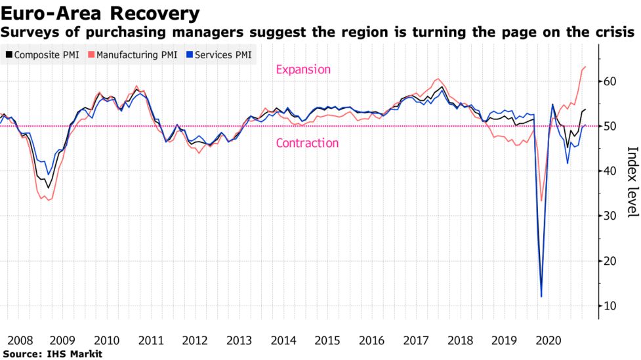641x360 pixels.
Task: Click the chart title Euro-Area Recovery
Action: point(100,12)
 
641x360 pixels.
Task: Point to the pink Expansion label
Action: point(303,70)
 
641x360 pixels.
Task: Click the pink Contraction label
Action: point(307,143)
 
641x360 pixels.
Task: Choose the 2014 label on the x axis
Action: point(283,341)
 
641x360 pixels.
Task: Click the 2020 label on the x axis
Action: point(548,341)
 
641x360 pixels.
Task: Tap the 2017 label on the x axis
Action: point(416,341)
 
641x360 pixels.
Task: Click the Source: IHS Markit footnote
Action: point(47,354)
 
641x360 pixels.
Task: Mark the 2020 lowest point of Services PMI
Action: point(541,296)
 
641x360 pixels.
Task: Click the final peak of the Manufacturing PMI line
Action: point(585,67)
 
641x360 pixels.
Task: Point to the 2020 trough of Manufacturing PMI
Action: point(541,201)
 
